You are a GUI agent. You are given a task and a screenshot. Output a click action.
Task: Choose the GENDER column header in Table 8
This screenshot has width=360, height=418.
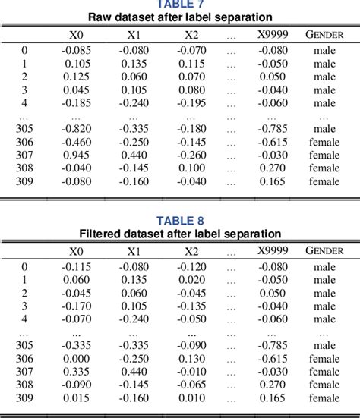(x=324, y=250)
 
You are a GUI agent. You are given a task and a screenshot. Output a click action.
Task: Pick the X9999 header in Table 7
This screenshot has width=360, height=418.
(x=272, y=34)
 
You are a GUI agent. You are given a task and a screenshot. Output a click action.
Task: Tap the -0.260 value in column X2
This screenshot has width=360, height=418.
(x=192, y=155)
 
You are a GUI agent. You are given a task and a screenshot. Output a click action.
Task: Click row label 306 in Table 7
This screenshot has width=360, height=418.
(x=24, y=142)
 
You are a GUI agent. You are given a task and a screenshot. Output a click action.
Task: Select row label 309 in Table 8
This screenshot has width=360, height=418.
(x=24, y=397)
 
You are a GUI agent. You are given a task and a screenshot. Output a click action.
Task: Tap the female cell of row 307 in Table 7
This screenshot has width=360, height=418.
(x=324, y=155)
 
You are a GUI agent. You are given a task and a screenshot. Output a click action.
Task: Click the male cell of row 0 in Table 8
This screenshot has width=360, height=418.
(x=324, y=266)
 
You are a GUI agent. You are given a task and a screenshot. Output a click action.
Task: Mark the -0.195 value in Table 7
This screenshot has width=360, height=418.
(x=192, y=103)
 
